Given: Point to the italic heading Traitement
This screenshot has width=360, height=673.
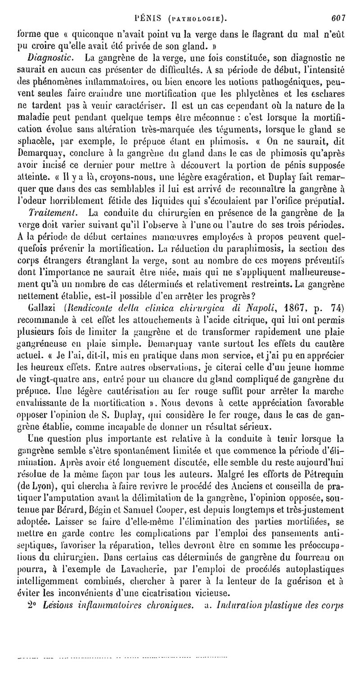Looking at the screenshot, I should (49, 211).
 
